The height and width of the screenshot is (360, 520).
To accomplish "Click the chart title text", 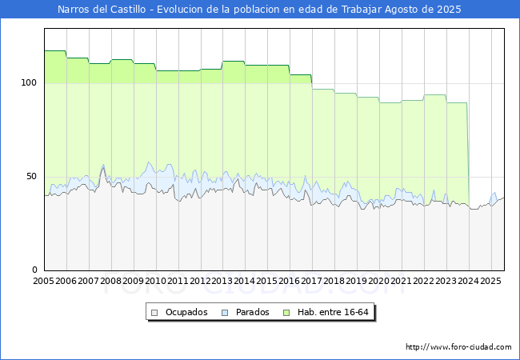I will pyautogui.click(x=259, y=10).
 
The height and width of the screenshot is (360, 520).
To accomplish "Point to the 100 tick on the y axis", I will pyautogui.click(x=29, y=83).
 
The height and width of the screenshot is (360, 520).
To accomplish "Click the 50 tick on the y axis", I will pyautogui.click(x=32, y=177).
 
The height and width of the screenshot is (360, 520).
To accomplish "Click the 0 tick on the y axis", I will pyautogui.click(x=34, y=270).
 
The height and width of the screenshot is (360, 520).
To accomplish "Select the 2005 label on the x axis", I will pyautogui.click(x=44, y=282).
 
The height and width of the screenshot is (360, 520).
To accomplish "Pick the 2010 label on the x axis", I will pyautogui.click(x=156, y=282).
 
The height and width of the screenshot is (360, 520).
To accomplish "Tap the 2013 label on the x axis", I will pyautogui.click(x=223, y=282).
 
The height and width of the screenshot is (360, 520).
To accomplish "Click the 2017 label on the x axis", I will pyautogui.click(x=312, y=282).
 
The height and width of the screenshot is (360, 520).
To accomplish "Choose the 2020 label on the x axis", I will pyautogui.click(x=379, y=282).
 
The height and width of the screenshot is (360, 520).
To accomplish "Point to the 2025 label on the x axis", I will pyautogui.click(x=490, y=282).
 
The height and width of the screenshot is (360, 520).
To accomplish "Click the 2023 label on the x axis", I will pyautogui.click(x=446, y=282).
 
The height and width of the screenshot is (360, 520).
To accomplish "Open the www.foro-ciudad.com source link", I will pyautogui.click(x=458, y=347).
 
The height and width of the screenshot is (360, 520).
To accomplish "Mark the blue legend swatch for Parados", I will pyautogui.click(x=225, y=312).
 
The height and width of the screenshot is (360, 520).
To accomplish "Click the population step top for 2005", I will pyautogui.click(x=55, y=51).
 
